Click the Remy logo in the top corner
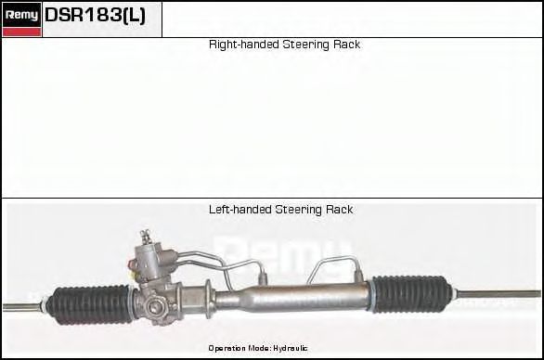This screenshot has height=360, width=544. (21, 14)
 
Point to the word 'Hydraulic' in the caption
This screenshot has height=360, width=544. (290, 348)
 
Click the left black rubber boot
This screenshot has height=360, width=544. (90, 303)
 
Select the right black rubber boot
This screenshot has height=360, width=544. (411, 293)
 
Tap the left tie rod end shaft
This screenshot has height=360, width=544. (25, 305)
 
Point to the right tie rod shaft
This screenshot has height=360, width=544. (498, 294)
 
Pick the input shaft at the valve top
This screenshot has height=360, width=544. (145, 238)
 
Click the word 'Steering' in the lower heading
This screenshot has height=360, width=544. (298, 210)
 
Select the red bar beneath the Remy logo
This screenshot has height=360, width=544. (21, 32)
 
